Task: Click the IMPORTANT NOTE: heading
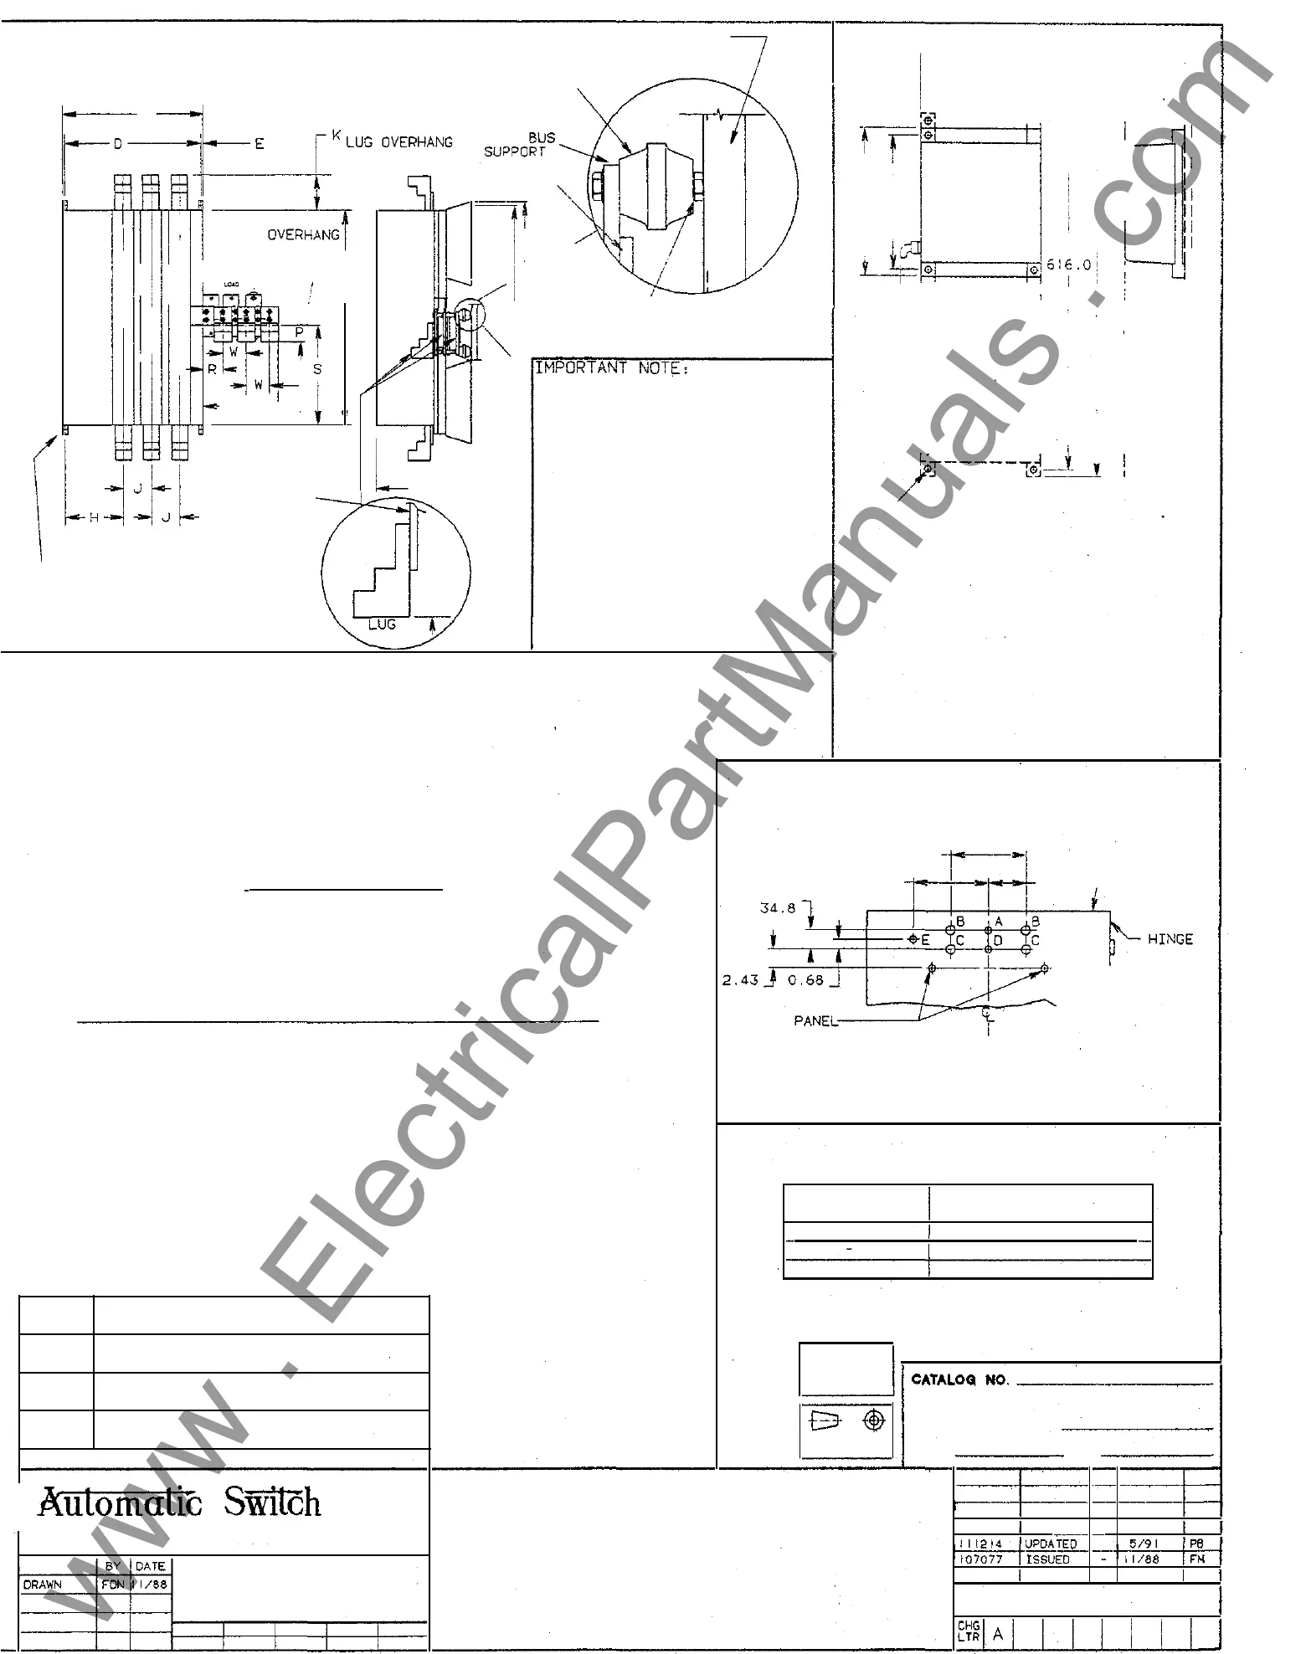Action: [612, 368]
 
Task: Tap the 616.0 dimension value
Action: [1069, 265]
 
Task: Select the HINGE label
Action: [1170, 939]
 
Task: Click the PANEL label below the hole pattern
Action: [815, 1021]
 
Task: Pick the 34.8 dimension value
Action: [778, 908]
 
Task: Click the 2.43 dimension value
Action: [740, 980]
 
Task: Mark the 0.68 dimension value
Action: [805, 980]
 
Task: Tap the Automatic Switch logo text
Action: [180, 1503]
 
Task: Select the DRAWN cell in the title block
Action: [42, 1585]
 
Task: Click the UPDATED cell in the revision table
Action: [1051, 1544]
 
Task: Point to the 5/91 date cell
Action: [1142, 1544]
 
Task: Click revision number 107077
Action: [979, 1559]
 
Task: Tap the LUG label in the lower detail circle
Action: [382, 624]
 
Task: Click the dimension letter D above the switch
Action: [118, 145]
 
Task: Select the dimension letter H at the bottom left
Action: [94, 518]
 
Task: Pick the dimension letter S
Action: [317, 368]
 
